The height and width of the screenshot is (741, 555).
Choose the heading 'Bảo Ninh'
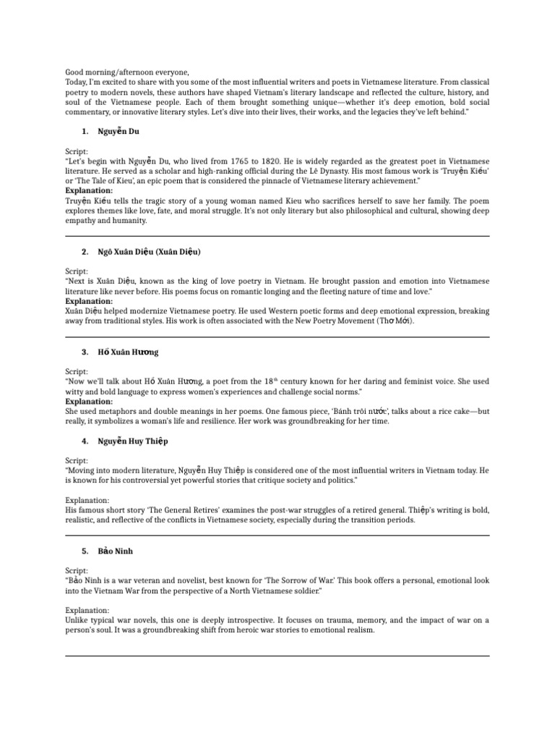115,551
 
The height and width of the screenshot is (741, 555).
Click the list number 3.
85,352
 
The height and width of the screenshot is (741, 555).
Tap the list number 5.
85,551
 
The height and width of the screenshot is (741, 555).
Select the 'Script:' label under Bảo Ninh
77,571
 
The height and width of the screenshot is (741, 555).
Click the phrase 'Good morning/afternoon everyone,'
127,72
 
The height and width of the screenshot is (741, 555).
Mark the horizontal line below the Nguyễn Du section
277,236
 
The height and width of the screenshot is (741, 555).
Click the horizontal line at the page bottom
277,656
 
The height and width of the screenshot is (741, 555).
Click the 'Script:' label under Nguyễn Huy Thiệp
77,461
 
